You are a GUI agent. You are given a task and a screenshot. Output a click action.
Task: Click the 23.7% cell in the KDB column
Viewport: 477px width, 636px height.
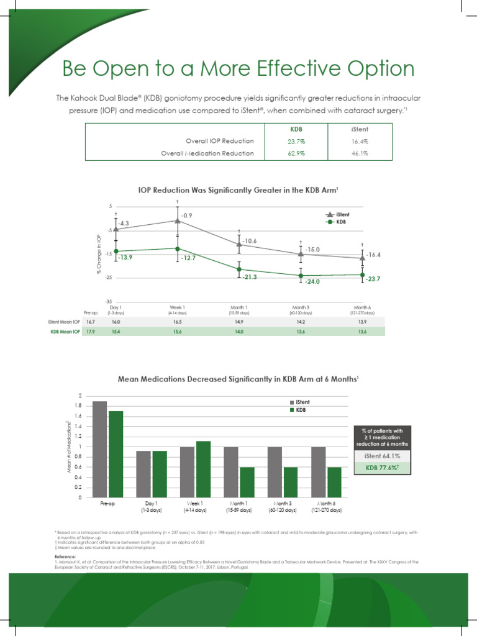[296, 141]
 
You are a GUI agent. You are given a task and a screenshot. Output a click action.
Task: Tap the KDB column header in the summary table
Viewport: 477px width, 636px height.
[296, 129]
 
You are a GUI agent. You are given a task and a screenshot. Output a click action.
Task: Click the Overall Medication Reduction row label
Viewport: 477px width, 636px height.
[207, 153]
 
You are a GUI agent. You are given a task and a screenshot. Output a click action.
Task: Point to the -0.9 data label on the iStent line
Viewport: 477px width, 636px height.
[188, 215]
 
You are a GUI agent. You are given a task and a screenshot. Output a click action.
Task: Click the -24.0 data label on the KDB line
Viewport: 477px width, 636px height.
[312, 281]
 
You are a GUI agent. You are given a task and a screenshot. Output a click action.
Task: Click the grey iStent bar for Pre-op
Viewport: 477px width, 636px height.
[99, 449]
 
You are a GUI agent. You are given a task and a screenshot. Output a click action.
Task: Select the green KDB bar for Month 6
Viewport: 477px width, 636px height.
[334, 482]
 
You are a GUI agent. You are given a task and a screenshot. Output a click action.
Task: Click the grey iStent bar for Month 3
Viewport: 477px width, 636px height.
[275, 472]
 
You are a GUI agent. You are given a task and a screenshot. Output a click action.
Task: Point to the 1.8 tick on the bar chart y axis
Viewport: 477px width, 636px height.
[78, 406]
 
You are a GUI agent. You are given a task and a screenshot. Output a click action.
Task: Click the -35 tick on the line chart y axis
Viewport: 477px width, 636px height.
[109, 301]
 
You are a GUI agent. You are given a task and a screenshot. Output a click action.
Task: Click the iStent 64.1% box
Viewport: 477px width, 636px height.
[381, 457]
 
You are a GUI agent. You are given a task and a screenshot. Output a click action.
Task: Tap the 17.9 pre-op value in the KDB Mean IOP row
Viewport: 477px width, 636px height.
[91, 332]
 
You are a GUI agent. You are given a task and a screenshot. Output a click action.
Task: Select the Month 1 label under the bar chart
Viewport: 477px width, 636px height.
[238, 504]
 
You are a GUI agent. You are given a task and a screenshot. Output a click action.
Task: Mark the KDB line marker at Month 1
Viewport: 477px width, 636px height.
[239, 269]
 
